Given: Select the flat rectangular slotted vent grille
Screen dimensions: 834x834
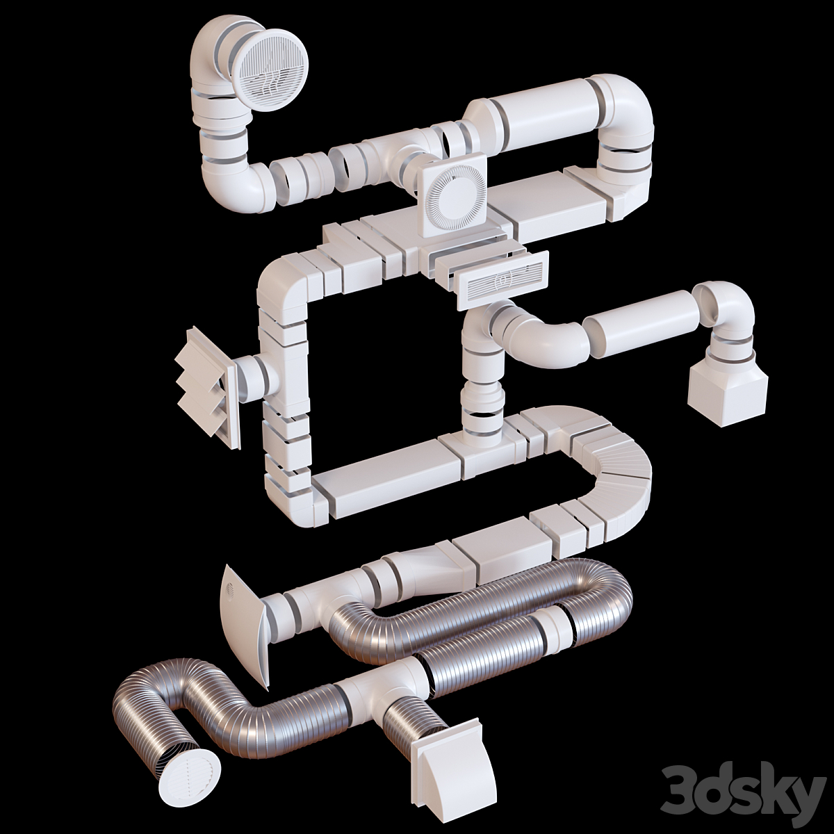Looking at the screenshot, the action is pyautogui.click(x=501, y=281).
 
